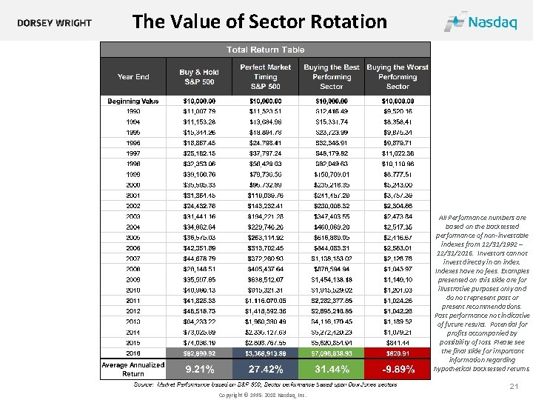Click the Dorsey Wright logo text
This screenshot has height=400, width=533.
(x=55, y=22)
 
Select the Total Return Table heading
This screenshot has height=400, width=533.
(x=265, y=50)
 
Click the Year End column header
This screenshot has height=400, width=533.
(x=133, y=76)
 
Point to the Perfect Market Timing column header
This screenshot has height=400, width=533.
(x=265, y=76)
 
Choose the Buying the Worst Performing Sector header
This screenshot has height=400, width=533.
(x=398, y=76)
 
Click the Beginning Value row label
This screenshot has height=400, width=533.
(x=133, y=101)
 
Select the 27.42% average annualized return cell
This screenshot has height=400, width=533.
(x=265, y=368)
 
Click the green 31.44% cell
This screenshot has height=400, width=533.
(x=331, y=368)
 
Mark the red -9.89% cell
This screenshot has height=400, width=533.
(x=398, y=368)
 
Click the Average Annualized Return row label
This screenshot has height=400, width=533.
(x=133, y=368)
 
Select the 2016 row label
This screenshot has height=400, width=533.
(x=133, y=354)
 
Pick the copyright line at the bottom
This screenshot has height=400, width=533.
(x=262, y=396)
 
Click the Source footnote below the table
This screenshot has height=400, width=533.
(x=265, y=384)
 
